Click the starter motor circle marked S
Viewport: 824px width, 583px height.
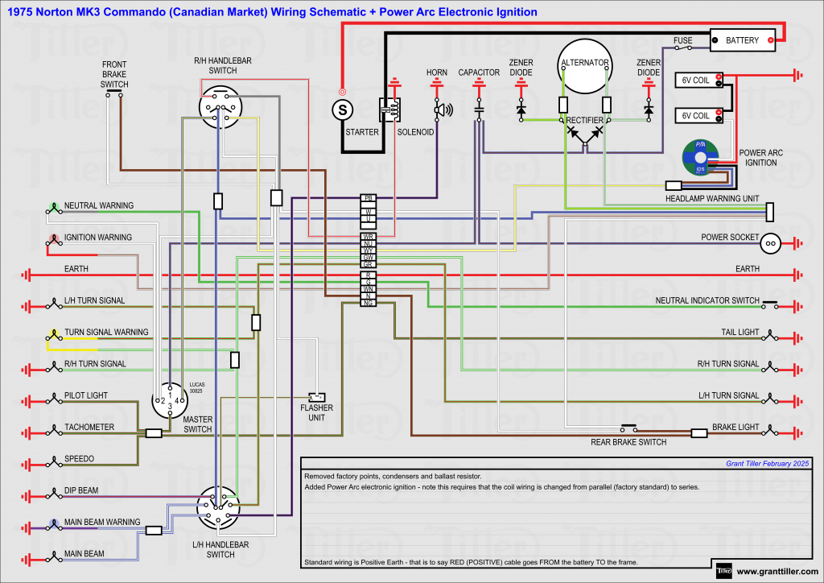point(343,108)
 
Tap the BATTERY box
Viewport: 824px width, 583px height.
point(742,40)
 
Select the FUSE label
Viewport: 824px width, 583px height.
point(683,39)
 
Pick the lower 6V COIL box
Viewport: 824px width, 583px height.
point(697,115)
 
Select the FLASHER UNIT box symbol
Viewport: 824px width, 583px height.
point(317,397)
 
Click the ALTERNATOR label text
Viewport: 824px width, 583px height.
point(585,63)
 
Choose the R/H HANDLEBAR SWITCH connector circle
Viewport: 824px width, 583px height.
point(220,107)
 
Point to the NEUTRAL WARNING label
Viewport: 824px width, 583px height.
point(99,206)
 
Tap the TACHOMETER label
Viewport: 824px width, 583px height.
point(89,428)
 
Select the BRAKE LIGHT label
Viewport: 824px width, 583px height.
point(735,428)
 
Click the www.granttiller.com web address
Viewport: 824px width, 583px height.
point(777,572)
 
